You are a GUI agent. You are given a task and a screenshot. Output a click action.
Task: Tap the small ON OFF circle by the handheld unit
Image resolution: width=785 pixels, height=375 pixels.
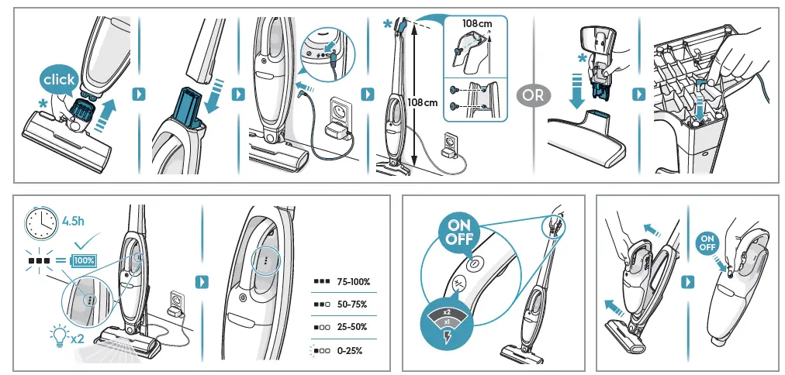click(707, 243)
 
